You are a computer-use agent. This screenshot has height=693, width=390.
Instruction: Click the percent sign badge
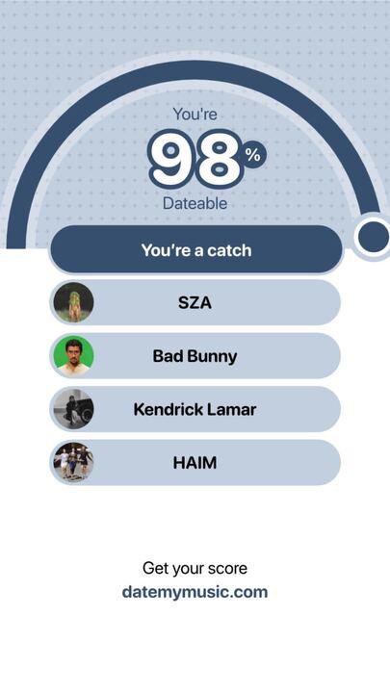click(253, 155)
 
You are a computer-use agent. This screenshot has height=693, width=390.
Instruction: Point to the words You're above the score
click(195, 115)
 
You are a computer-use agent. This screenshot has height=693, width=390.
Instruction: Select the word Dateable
click(195, 204)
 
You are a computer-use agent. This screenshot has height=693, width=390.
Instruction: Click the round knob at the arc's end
click(373, 237)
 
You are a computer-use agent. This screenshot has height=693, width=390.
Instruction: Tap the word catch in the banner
click(229, 250)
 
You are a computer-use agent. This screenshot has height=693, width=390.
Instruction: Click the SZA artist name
click(195, 303)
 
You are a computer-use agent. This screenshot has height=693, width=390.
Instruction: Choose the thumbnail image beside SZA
click(73, 302)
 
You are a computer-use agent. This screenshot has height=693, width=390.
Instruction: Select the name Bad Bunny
click(195, 356)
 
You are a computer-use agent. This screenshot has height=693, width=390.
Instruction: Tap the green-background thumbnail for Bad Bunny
click(73, 356)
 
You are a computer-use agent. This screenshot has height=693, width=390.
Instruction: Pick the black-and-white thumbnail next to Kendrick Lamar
click(73, 409)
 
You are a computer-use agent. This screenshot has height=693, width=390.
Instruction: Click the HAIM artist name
click(195, 463)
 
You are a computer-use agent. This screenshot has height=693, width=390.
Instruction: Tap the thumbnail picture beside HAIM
click(73, 463)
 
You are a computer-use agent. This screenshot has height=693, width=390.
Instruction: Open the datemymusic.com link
click(195, 592)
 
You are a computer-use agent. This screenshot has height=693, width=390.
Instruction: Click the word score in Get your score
click(226, 569)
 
